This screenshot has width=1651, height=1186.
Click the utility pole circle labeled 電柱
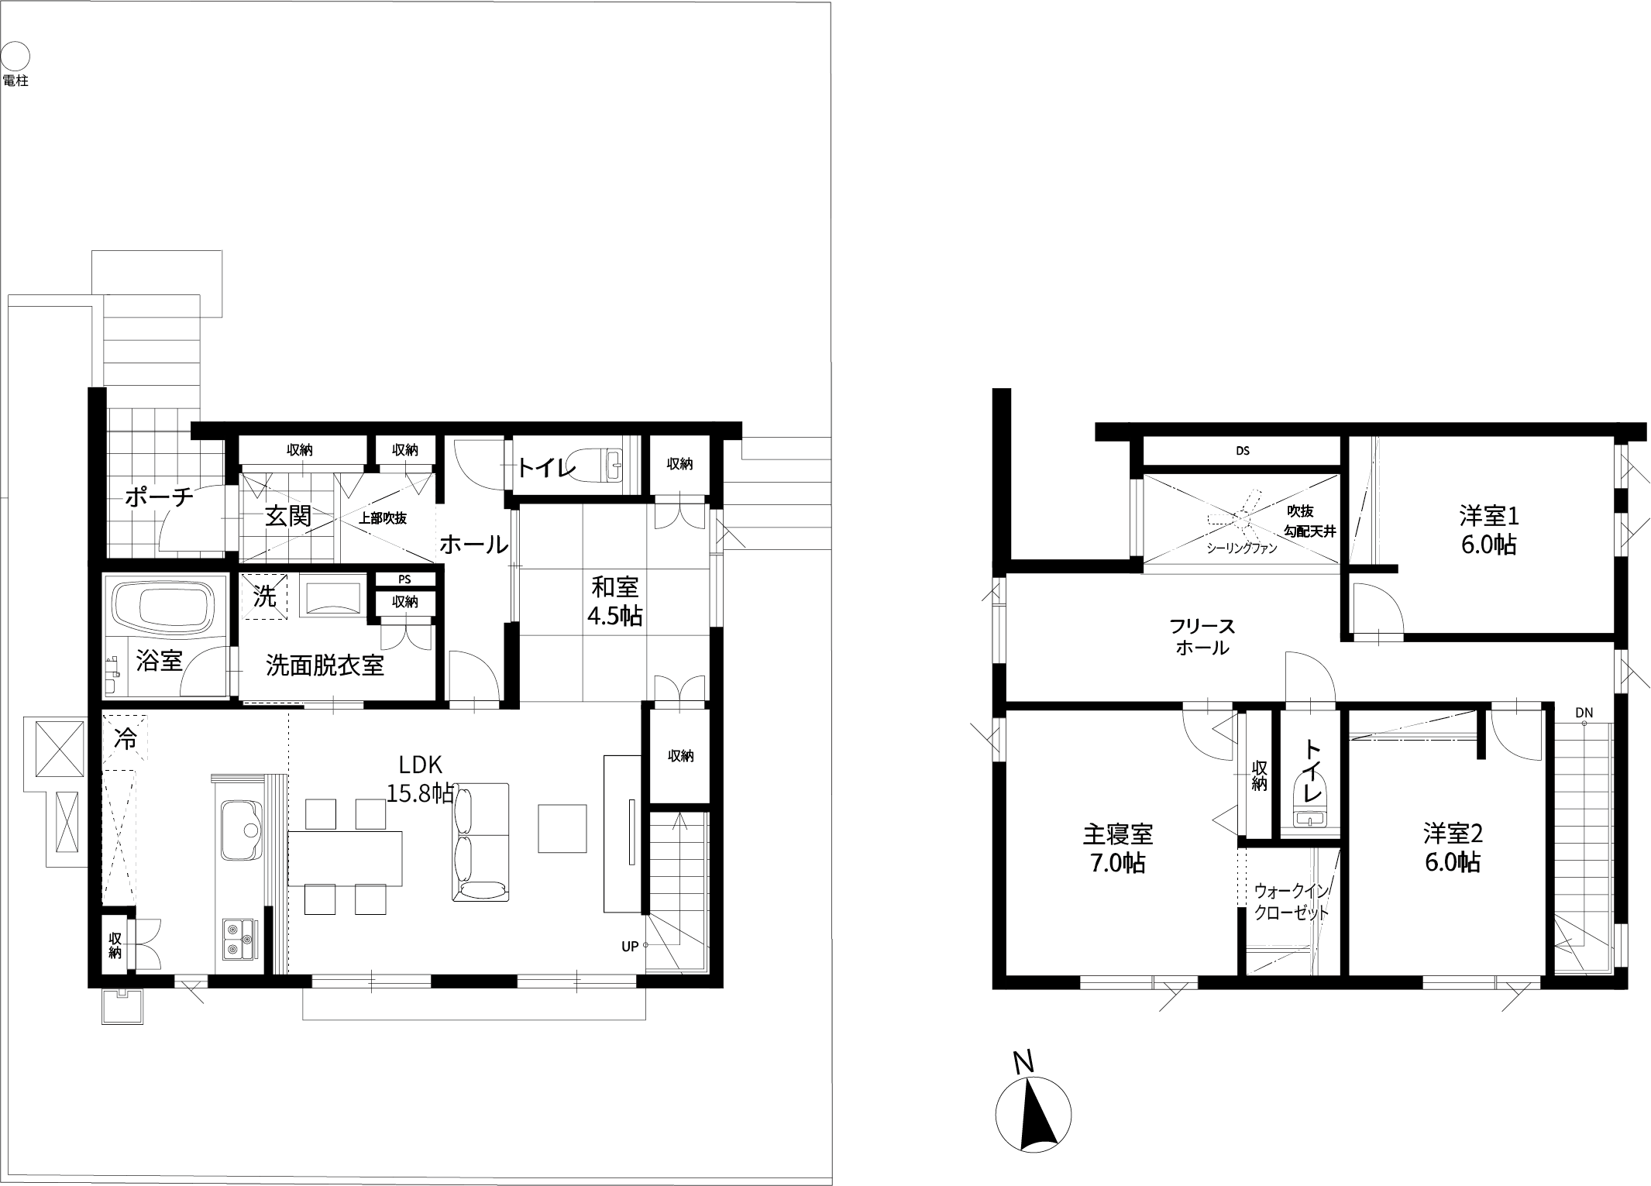(x=15, y=57)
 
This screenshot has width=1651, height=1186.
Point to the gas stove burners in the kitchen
(x=239, y=939)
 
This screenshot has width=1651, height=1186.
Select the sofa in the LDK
(x=480, y=842)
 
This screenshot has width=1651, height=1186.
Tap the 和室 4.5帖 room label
(x=614, y=600)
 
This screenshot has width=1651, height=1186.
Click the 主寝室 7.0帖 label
(x=1117, y=848)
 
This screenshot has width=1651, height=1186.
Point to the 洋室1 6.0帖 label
(x=1488, y=530)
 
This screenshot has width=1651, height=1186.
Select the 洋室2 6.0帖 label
(x=1453, y=847)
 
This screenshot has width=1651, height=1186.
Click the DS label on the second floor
(x=1243, y=451)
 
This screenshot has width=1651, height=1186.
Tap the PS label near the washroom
(x=404, y=579)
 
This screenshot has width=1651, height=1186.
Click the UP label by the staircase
(x=630, y=946)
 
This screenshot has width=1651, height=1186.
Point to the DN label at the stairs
(x=1584, y=713)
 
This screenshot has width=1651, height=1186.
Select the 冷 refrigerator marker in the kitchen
(x=125, y=739)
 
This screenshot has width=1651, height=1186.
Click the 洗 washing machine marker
(x=265, y=596)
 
